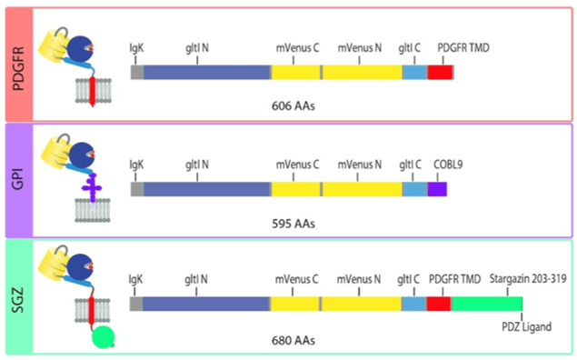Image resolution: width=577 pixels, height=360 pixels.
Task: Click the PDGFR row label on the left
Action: (x=17, y=62)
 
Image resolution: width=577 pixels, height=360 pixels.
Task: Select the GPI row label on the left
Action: (x=17, y=181)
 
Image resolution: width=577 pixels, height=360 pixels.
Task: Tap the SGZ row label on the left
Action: (x=17, y=297)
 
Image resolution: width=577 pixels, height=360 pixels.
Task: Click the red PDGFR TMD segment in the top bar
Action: (x=440, y=73)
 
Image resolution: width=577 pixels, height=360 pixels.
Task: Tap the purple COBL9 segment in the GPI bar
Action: (x=437, y=189)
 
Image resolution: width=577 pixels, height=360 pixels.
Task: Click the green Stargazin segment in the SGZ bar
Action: (x=487, y=305)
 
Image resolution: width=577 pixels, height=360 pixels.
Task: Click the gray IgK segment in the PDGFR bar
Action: (x=136, y=73)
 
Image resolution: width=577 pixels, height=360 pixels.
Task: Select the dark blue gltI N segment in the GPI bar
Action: (x=206, y=189)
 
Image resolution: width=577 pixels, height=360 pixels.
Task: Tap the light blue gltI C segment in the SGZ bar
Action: (x=413, y=305)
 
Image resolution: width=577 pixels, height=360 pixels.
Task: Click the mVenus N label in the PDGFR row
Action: (x=361, y=47)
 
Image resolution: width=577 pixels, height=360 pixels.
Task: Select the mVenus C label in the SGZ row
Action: (x=297, y=280)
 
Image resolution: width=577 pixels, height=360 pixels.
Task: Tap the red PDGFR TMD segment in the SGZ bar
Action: (x=438, y=305)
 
